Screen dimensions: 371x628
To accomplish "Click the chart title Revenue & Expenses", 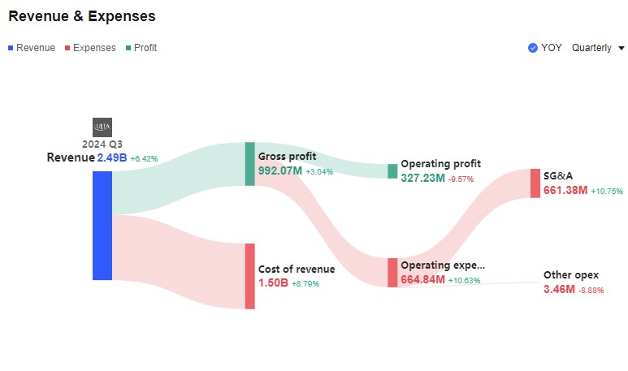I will pyautogui.click(x=82, y=16).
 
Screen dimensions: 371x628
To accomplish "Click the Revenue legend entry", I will pyautogui.click(x=32, y=48).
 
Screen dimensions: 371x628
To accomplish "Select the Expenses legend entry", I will pyautogui.click(x=90, y=48).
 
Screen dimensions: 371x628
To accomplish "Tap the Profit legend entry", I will pyautogui.click(x=141, y=48).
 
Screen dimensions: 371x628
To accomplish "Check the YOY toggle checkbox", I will pyautogui.click(x=533, y=48).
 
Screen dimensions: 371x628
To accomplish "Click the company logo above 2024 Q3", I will pyautogui.click(x=102, y=127).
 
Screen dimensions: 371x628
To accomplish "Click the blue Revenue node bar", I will pyautogui.click(x=102, y=225).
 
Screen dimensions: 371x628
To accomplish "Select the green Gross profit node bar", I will pyautogui.click(x=249, y=164).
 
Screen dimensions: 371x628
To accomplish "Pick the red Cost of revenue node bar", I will pyautogui.click(x=249, y=276).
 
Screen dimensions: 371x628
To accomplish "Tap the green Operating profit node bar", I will pyautogui.click(x=392, y=171).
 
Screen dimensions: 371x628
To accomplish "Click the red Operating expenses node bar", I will pyautogui.click(x=392, y=273).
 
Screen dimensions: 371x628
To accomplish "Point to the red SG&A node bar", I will pyautogui.click(x=535, y=183).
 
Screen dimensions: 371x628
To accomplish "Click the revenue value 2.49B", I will pyautogui.click(x=112, y=158).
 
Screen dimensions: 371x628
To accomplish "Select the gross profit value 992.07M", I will pyautogui.click(x=279, y=171).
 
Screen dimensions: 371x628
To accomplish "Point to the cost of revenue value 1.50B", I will pyautogui.click(x=273, y=283).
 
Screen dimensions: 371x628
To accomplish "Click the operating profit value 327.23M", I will pyautogui.click(x=422, y=178).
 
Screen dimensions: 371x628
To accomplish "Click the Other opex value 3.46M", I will pyautogui.click(x=559, y=289).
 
